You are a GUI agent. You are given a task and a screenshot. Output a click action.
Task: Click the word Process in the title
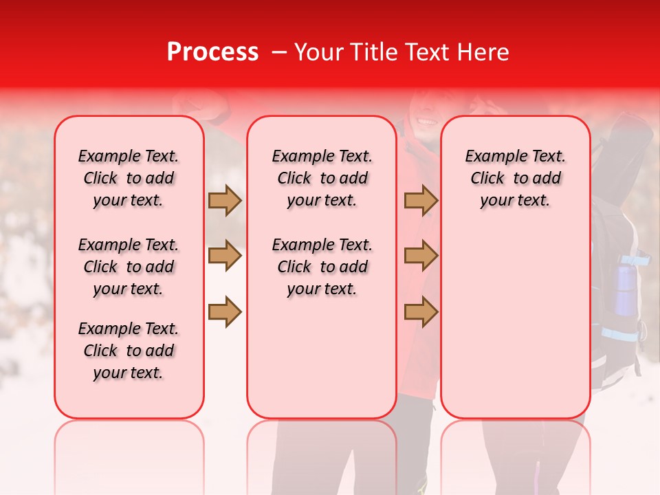click(x=212, y=52)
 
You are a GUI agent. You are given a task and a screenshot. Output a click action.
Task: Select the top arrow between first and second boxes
click(x=225, y=201)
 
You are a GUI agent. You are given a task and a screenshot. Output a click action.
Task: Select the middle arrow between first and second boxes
click(x=225, y=256)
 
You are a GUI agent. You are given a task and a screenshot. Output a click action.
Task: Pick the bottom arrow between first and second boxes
click(x=225, y=312)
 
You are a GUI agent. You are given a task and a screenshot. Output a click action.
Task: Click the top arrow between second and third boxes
click(x=421, y=201)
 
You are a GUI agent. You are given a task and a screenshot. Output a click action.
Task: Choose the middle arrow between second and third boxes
click(x=421, y=256)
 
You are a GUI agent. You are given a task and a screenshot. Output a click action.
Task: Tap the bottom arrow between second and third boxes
click(x=421, y=312)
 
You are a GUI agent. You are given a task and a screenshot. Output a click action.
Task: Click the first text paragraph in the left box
click(x=129, y=178)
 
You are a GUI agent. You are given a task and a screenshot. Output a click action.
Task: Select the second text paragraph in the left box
click(x=129, y=267)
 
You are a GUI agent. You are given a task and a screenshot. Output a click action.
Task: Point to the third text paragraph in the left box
click(x=129, y=351)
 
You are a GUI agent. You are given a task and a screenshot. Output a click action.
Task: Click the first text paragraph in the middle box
click(x=322, y=178)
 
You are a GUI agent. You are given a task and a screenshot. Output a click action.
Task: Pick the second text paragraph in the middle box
click(x=322, y=267)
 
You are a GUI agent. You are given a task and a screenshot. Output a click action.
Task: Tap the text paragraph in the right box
click(x=515, y=178)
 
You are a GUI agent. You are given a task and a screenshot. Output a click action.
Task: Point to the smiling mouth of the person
click(x=427, y=122)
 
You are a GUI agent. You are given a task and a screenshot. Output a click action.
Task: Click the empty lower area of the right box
click(x=515, y=323)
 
